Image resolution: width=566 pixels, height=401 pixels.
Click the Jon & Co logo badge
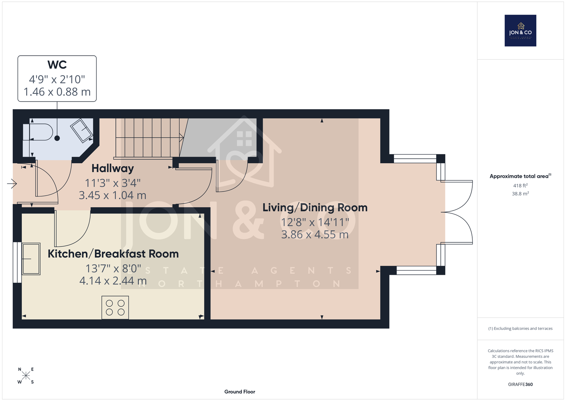pos(520,30)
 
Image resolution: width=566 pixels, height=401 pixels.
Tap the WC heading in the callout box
pos(57,65)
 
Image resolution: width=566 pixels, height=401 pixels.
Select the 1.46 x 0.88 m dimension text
pos(57,92)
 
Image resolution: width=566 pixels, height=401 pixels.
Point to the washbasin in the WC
pos(81,131)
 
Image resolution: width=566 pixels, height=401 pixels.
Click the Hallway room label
pos(113,168)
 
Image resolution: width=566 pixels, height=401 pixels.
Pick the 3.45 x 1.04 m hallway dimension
pos(112,195)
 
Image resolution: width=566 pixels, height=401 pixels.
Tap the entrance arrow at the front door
pos(12,183)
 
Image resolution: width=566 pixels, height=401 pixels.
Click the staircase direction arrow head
pos(181,138)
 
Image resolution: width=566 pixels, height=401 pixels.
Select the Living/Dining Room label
pos(315,208)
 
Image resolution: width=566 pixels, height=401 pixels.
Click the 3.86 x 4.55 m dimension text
pos(315,235)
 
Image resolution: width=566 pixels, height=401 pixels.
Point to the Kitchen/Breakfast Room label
pos(113,254)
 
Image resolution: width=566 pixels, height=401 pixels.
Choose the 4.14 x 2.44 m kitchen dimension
pos(113,281)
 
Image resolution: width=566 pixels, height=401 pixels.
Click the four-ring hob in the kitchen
pos(115,307)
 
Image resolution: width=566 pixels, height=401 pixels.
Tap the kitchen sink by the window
pos(31,259)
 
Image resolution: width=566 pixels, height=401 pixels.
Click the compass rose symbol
pos(26,375)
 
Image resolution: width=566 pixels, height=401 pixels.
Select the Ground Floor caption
pos(240,392)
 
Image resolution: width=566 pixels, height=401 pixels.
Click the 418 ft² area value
pos(520,186)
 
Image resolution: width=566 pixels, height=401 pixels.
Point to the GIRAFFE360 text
pos(520,384)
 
